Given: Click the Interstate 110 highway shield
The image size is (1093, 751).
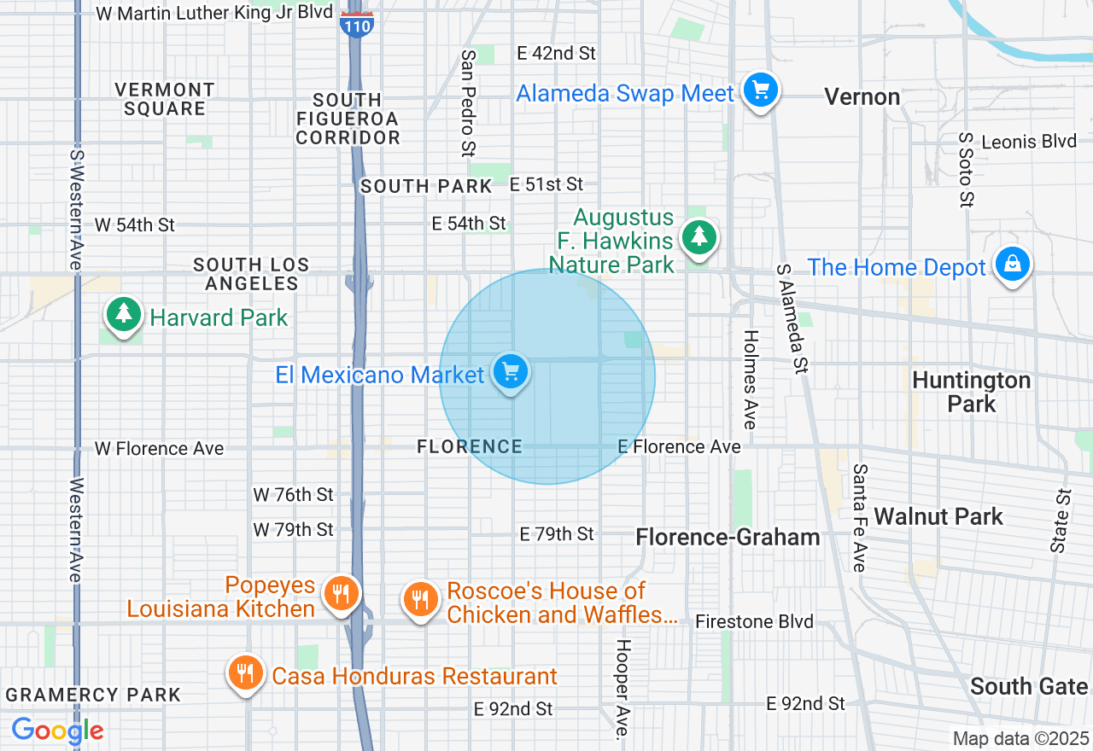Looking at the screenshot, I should click(356, 24).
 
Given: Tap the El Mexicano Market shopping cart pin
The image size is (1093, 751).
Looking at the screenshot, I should click(511, 372).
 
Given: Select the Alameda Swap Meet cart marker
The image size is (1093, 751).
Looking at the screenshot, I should click(759, 90).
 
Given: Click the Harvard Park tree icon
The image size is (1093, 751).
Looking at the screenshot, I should click(124, 314).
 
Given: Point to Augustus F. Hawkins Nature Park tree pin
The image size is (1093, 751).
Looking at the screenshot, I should click(699, 236).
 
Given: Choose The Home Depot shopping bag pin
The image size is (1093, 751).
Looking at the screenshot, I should click(1012, 265).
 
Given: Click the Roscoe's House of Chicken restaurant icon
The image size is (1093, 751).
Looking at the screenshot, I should click(419, 599).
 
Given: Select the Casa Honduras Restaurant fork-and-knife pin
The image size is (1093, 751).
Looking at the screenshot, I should click(245, 672).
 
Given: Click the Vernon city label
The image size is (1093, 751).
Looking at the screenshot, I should click(862, 97).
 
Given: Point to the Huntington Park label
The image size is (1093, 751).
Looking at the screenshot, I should click(972, 392).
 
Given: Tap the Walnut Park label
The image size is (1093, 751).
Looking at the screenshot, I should click(939, 516).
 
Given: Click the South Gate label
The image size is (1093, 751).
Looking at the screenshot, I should click(1029, 686).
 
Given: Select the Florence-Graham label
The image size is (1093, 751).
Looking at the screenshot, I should click(728, 537).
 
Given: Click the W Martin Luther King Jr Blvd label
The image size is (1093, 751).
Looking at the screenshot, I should click(213, 14).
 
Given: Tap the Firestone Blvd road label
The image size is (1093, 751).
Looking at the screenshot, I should click(754, 621).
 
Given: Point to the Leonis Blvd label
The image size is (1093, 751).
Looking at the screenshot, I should click(1029, 142).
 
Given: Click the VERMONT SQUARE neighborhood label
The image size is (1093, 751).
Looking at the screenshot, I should click(165, 99).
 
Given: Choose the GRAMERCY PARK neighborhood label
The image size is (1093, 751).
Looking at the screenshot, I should click(93, 695).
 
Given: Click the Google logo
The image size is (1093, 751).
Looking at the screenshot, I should click(57, 731).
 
